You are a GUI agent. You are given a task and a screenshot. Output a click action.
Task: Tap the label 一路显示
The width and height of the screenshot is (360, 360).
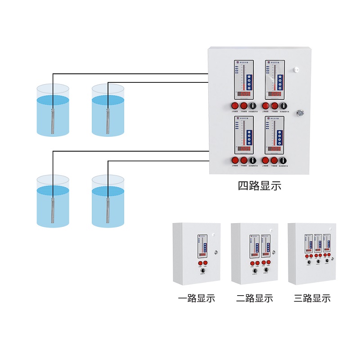click(x=196, y=298)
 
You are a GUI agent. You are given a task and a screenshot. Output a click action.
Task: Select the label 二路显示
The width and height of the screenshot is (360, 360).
click(x=254, y=298)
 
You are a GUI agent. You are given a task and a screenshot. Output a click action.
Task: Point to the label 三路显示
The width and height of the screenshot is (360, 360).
click(x=312, y=298)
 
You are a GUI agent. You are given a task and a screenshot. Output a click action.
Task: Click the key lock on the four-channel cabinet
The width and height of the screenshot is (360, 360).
click(x=300, y=113)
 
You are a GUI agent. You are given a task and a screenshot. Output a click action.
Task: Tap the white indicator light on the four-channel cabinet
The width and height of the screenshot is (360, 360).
click(x=297, y=70)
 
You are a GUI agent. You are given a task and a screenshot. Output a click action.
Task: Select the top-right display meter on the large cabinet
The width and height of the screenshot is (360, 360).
click(x=275, y=80)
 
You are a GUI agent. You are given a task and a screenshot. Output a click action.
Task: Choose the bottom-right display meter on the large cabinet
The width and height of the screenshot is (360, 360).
click(x=275, y=135)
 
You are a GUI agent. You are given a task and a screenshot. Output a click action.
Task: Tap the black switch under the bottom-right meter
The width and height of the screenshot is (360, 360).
click(x=283, y=160)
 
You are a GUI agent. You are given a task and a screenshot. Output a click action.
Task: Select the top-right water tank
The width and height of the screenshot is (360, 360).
click(x=108, y=110)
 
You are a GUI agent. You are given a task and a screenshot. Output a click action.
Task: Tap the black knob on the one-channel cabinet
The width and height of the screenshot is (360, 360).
click(x=202, y=271)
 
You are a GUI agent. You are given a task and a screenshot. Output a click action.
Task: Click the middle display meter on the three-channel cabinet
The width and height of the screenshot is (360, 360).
click(x=318, y=243)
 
